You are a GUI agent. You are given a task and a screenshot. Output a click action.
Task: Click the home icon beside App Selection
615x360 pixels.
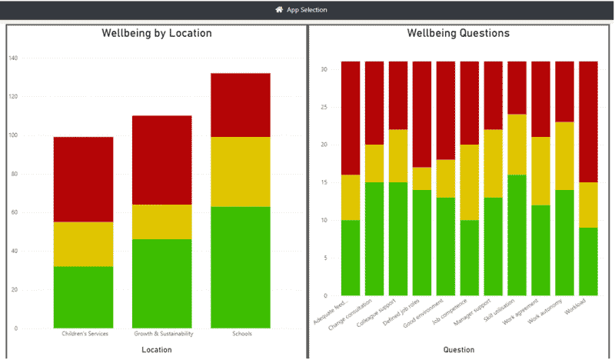(279, 10)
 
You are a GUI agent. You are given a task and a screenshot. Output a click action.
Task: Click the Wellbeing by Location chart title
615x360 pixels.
(157, 34)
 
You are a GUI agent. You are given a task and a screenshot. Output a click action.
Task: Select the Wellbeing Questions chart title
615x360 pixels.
(458, 34)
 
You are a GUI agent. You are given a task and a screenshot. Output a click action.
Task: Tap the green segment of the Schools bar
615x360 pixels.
(240, 266)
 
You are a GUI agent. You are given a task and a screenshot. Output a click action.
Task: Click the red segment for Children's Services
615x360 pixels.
(83, 179)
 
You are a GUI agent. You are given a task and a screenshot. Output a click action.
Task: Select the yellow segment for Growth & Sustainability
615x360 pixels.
(161, 222)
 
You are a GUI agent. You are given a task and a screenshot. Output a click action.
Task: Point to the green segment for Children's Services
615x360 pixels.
(83, 297)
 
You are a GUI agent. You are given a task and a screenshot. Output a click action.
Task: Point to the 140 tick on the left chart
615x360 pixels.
(12, 58)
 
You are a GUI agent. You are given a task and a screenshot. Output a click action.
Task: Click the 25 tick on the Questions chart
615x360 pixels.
(325, 107)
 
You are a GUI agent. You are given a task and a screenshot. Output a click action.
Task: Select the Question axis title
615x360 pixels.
(459, 350)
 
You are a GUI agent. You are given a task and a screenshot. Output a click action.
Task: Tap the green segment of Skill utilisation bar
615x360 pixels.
(517, 235)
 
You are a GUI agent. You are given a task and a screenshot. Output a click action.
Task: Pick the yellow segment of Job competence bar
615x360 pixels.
(469, 182)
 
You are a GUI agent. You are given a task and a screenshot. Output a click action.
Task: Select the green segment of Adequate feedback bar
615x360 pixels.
(351, 258)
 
